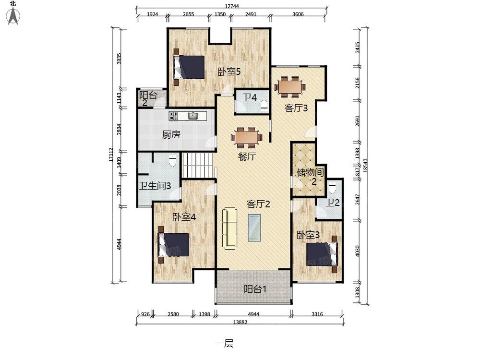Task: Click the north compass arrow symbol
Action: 13,16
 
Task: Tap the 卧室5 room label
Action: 229,72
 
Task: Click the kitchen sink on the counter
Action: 193,116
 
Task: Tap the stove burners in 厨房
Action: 174,116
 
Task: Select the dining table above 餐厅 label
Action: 246,137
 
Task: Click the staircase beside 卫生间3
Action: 197,165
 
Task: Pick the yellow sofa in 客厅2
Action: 229,228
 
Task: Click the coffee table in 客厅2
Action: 254,228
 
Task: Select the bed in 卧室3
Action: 322,254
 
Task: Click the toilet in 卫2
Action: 332,188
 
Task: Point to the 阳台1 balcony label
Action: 255,289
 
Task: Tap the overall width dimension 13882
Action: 240,322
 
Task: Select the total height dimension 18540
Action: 365,166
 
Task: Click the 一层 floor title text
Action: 224,344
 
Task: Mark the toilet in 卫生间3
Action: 173,161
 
